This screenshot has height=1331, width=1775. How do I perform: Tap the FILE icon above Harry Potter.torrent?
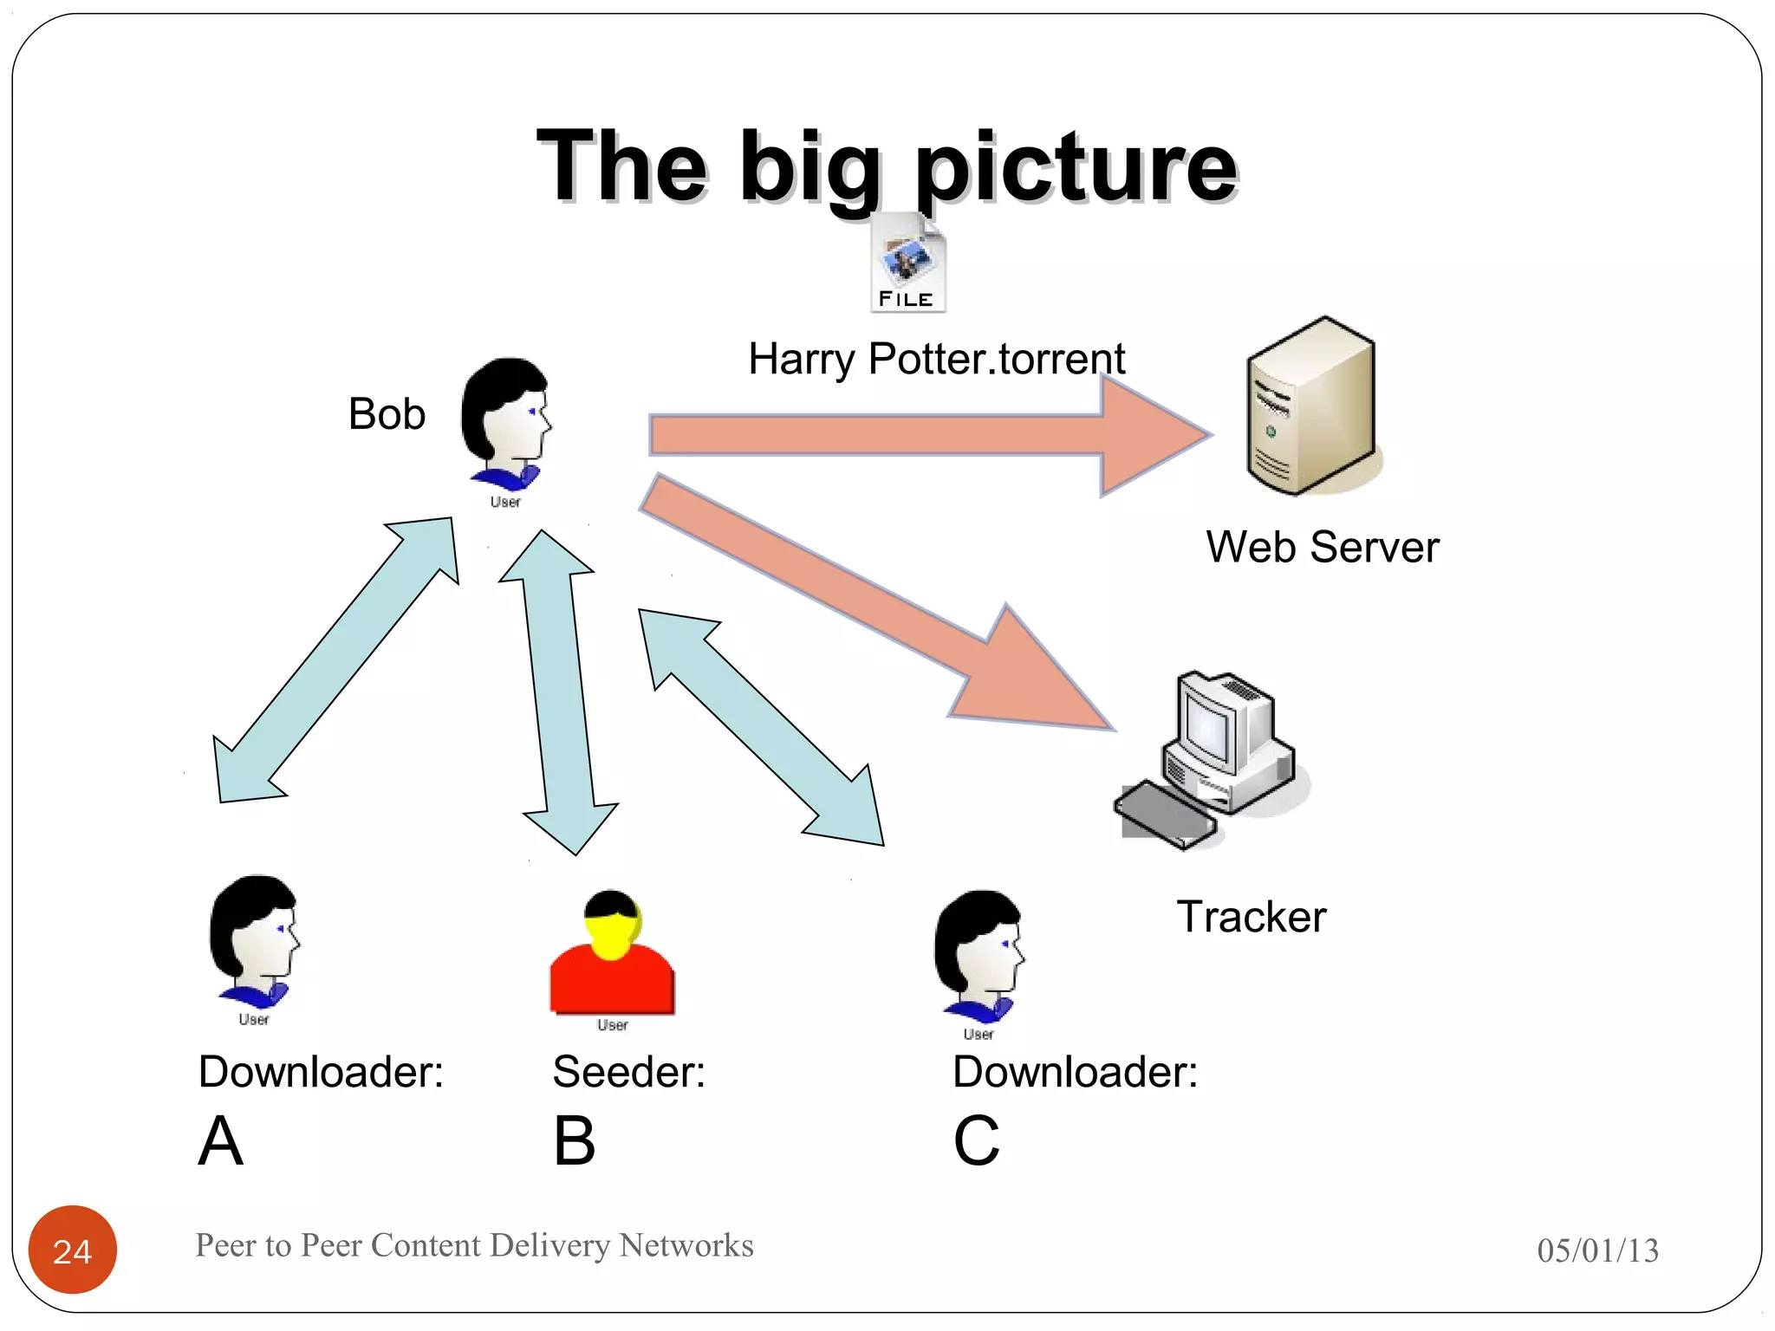pyautogui.click(x=907, y=263)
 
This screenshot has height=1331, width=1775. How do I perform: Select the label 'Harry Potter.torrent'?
pyautogui.click(x=936, y=359)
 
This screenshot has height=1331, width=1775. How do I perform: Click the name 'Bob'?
pyautogui.click(x=387, y=414)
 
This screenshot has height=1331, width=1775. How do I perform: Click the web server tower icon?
pyautogui.click(x=1310, y=407)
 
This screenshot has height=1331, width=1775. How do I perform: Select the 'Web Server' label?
pyautogui.click(x=1322, y=548)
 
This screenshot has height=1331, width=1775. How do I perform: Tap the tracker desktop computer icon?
pyautogui.click(x=1213, y=758)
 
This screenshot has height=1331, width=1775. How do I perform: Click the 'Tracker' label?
pyautogui.click(x=1251, y=917)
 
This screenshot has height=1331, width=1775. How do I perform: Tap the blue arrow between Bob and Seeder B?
pyautogui.click(x=560, y=693)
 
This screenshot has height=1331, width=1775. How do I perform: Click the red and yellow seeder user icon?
pyautogui.click(x=613, y=958)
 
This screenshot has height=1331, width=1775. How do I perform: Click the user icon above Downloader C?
pyautogui.click(x=979, y=958)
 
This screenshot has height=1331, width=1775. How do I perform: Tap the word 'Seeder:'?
pyautogui.click(x=629, y=1072)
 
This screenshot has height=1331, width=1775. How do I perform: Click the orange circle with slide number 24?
pyautogui.click(x=73, y=1250)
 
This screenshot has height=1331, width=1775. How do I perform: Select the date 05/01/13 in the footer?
pyautogui.click(x=1597, y=1250)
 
